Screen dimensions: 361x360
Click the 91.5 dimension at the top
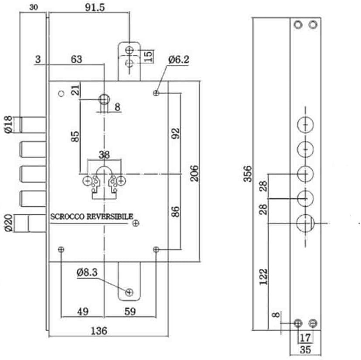[x=95, y=7]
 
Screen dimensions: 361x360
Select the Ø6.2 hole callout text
[x=179, y=60]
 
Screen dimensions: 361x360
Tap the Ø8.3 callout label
[x=87, y=272]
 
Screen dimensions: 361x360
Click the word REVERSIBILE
[x=110, y=217]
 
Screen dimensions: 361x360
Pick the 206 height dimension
[x=194, y=173]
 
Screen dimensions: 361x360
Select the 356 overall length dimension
[x=248, y=174]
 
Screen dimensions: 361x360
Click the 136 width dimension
[x=99, y=331]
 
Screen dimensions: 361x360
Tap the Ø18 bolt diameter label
[x=8, y=125]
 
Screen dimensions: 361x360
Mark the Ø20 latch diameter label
[x=8, y=223]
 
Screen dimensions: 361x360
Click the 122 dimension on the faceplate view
[x=263, y=277]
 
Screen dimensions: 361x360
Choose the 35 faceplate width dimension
[x=305, y=350]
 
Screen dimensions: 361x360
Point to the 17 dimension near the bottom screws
[x=305, y=338]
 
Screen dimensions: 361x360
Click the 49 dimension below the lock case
[x=83, y=312]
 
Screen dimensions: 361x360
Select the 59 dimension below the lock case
[x=130, y=312]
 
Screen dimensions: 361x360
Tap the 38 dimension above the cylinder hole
[x=104, y=155]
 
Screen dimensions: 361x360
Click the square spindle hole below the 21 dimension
[x=104, y=99]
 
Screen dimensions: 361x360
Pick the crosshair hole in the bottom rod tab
[x=129, y=292]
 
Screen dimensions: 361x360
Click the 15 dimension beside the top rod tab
[x=149, y=56]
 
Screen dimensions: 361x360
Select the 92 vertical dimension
[x=175, y=133]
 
